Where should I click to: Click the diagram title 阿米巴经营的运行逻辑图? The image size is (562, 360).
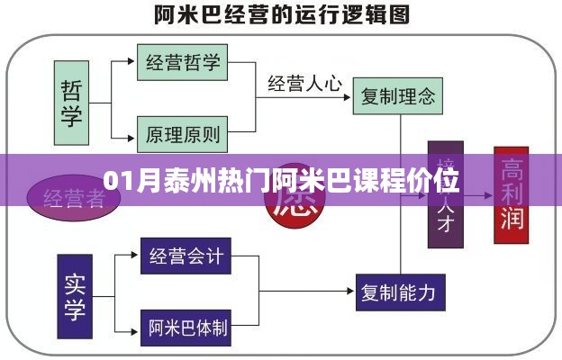(x=280, y=15)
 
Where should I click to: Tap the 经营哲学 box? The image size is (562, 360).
(x=182, y=63)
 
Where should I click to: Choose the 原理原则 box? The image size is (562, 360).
(x=182, y=135)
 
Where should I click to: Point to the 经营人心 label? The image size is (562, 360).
(x=304, y=85)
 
